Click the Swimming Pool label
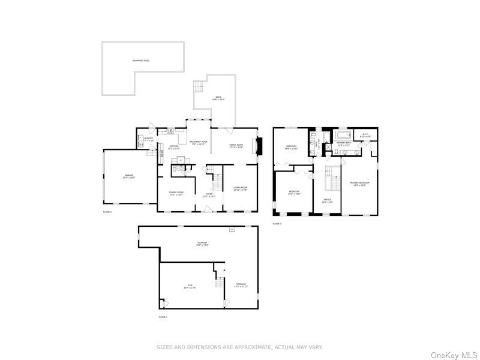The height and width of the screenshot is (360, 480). pyautogui.click(x=142, y=61)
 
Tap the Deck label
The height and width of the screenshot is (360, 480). pyautogui.click(x=218, y=98)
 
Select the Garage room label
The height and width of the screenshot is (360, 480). pyautogui.click(x=129, y=176)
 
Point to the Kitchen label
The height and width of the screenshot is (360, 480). pyautogui.click(x=173, y=147)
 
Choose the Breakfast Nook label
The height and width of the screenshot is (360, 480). pyautogui.click(x=198, y=143)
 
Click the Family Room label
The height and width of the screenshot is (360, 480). pyautogui.click(x=236, y=146)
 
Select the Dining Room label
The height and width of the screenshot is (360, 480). pyautogui.click(x=176, y=193)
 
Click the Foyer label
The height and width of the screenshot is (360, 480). pyautogui.click(x=208, y=195)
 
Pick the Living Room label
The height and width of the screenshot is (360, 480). pyautogui.click(x=240, y=188)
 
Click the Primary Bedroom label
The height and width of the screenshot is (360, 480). pyautogui.click(x=360, y=184)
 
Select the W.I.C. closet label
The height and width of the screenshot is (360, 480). pyautogui.click(x=365, y=136)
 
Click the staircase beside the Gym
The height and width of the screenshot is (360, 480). pyautogui.click(x=219, y=279)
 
